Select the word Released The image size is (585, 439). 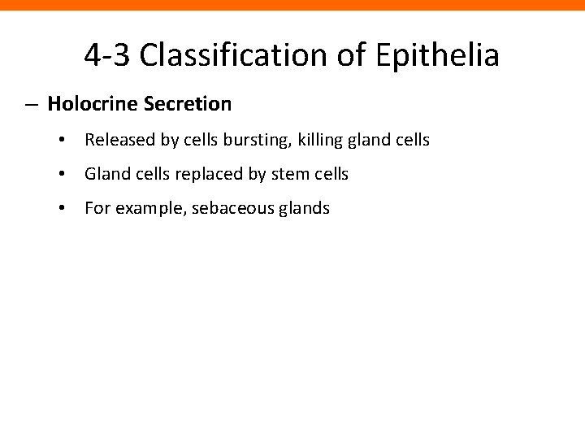click(x=115, y=141)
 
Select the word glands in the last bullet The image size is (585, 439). click(x=304, y=209)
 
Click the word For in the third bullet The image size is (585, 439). click(x=96, y=208)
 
